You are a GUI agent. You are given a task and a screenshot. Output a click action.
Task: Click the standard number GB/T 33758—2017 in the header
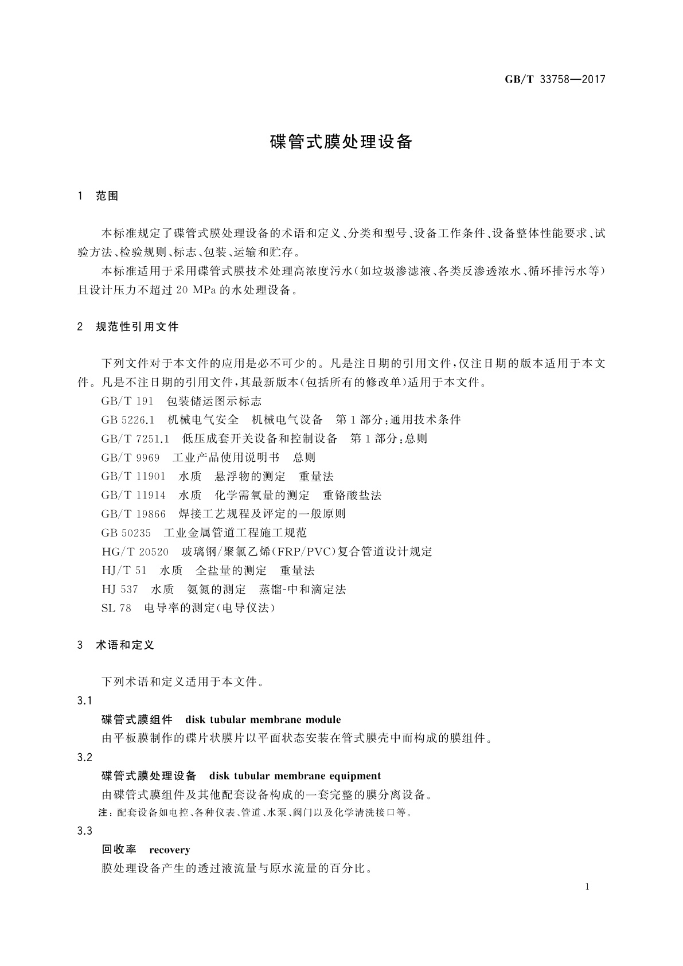click(x=555, y=80)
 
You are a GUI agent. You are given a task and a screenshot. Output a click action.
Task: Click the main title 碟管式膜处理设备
click(x=341, y=142)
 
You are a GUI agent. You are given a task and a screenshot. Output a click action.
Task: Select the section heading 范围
click(x=107, y=196)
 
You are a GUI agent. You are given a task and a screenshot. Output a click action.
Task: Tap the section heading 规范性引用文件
click(x=137, y=327)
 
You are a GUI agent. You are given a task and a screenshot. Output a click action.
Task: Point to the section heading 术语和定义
click(x=124, y=645)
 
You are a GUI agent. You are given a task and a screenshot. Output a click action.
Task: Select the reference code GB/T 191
click(x=127, y=401)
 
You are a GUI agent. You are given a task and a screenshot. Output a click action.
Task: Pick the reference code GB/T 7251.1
click(x=135, y=439)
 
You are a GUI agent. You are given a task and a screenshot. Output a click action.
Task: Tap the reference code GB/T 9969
click(x=130, y=458)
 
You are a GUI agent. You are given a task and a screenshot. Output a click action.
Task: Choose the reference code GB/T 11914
click(x=133, y=495)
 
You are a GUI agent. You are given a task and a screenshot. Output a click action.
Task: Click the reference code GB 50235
click(x=126, y=533)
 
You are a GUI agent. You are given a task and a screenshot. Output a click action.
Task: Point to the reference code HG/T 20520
click(x=135, y=552)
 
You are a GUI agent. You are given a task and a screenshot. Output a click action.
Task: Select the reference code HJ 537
click(x=120, y=589)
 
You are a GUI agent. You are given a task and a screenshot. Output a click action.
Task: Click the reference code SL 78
click(x=116, y=608)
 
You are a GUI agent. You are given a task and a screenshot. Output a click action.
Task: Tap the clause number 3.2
click(x=84, y=757)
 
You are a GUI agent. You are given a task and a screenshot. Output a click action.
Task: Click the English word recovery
click(x=169, y=850)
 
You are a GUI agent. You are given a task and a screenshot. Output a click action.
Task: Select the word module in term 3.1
click(x=323, y=719)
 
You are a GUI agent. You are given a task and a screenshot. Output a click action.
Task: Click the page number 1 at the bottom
click(x=587, y=887)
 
